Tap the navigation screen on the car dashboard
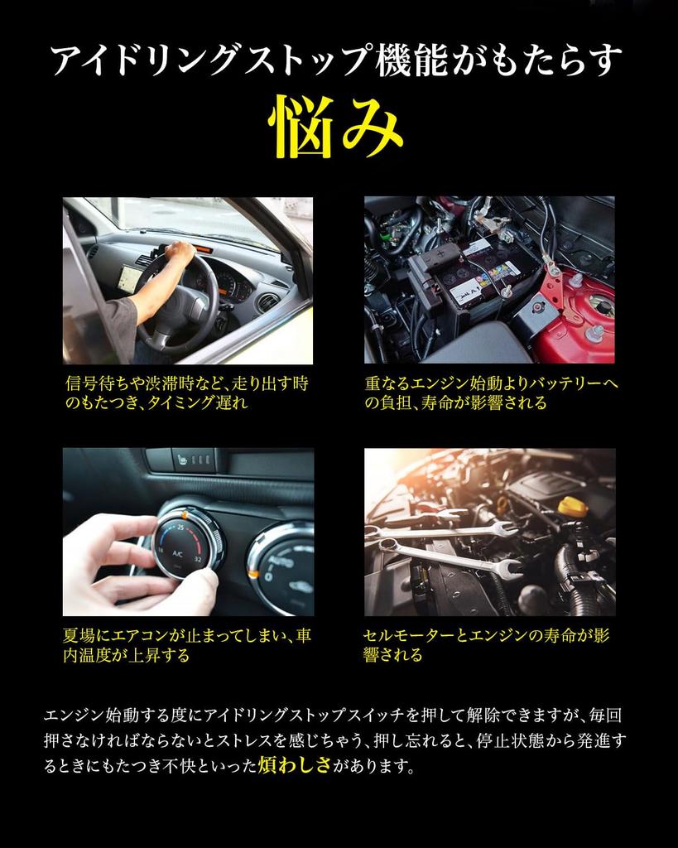click(x=128, y=278)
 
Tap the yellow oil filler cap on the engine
click(x=571, y=506)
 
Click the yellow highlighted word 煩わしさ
click(x=293, y=765)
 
